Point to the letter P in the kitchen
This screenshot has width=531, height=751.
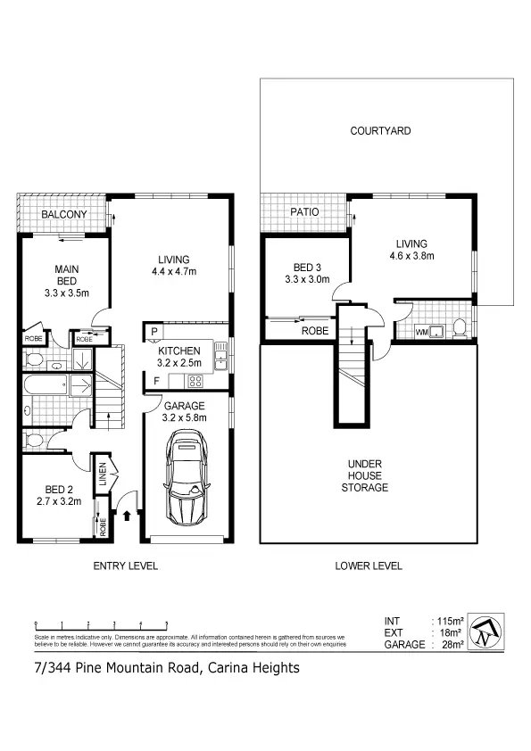tap(154, 332)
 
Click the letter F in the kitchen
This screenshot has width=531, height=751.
tap(154, 382)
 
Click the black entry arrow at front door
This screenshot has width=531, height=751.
tap(128, 515)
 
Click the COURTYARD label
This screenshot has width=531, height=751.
tap(380, 131)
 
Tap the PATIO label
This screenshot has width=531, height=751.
tap(304, 212)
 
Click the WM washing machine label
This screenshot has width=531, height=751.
tap(422, 332)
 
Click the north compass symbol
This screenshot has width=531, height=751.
tap(486, 631)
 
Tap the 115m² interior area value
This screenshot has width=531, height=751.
tap(447, 621)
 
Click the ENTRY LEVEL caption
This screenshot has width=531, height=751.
tap(126, 565)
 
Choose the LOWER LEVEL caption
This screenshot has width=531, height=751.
tap(368, 565)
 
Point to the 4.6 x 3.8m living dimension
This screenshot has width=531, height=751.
tap(412, 257)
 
